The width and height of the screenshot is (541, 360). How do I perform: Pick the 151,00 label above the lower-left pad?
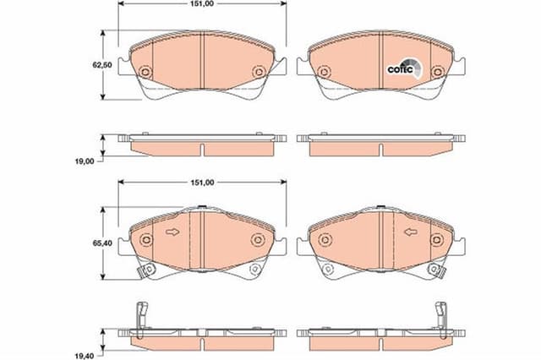pyautogui.click(x=201, y=182)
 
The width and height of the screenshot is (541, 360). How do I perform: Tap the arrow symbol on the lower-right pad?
pyautogui.click(x=411, y=233)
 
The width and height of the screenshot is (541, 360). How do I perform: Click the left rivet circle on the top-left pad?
pyautogui.click(x=145, y=73)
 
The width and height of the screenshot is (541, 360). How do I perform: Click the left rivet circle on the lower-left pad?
pyautogui.click(x=145, y=240)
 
